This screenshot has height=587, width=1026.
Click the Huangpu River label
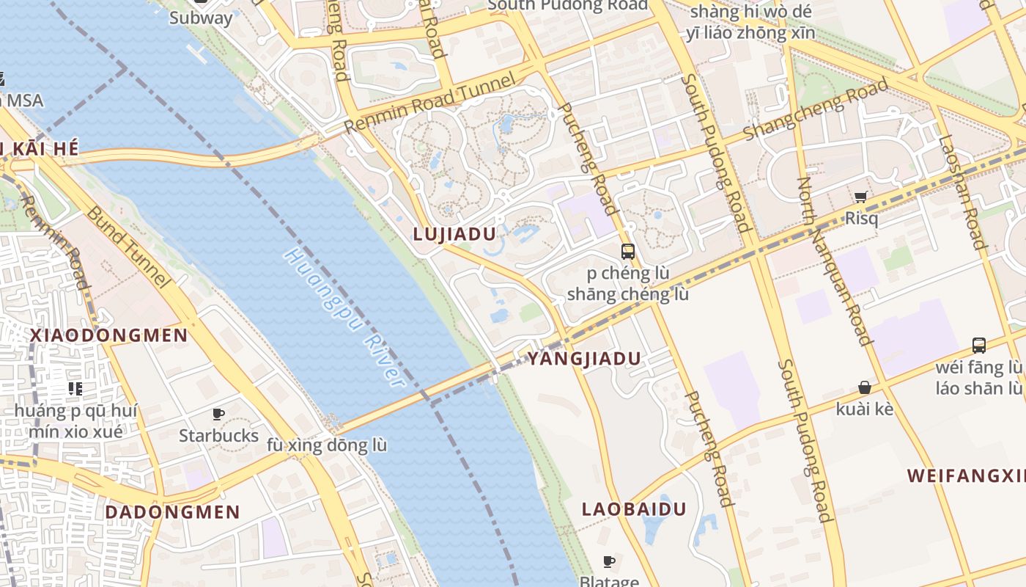click(344, 318)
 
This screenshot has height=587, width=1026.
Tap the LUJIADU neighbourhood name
click(454, 234)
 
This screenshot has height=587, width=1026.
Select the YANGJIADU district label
click(584, 359)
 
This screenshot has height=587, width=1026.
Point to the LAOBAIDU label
click(634, 509)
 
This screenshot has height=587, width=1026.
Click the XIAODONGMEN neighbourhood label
click(108, 335)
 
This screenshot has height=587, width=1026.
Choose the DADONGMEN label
click(172, 512)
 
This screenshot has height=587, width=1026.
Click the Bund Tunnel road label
click(128, 247)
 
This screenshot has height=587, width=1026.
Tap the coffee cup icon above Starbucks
click(218, 415)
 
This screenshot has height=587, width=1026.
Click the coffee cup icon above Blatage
click(608, 562)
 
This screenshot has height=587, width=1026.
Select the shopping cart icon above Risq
click(860, 197)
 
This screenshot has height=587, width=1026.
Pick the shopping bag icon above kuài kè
click(865, 387)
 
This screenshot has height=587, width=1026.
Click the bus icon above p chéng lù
click(628, 252)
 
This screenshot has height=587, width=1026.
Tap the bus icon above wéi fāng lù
click(978, 345)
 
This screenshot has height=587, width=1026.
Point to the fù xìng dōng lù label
click(327, 445)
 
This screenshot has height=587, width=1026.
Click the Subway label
click(201, 18)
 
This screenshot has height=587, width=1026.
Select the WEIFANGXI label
click(966, 475)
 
